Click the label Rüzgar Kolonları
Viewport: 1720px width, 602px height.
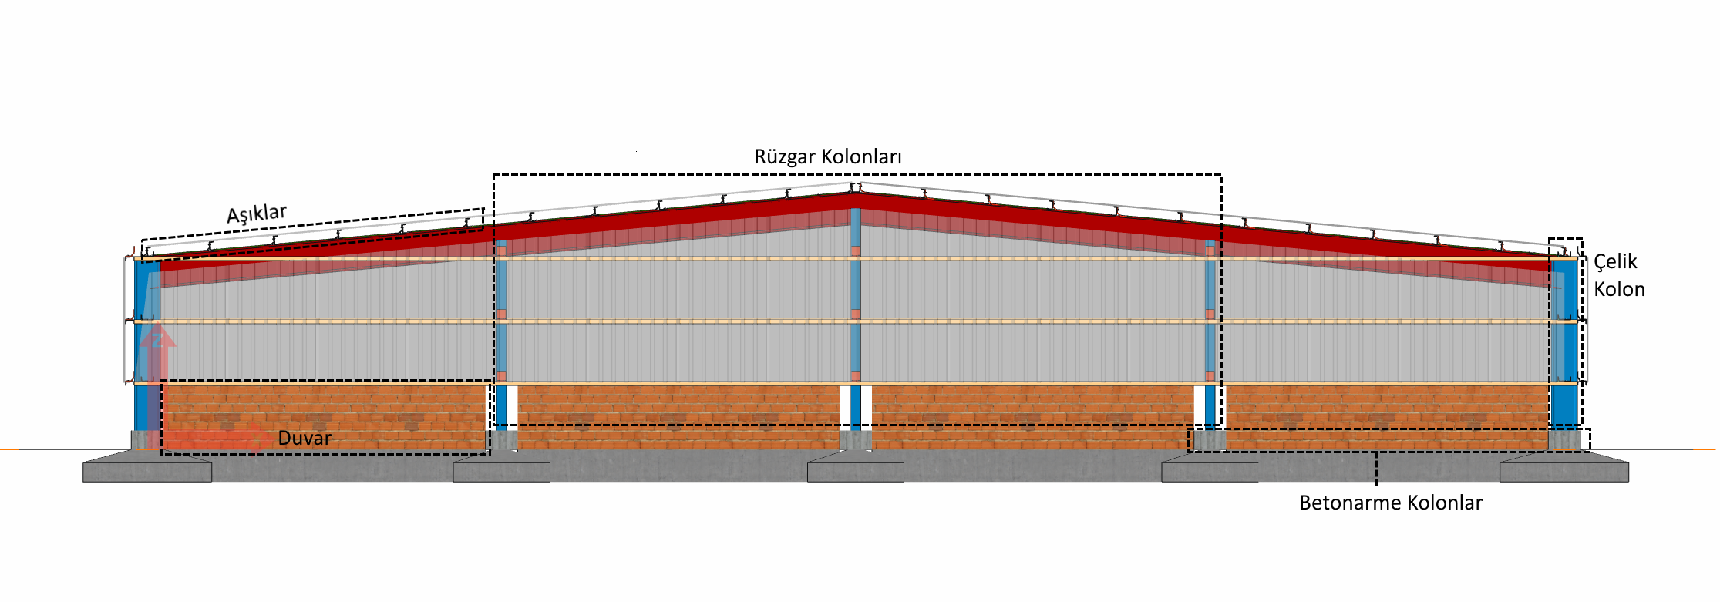click(827, 156)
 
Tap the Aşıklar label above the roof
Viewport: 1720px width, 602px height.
click(257, 214)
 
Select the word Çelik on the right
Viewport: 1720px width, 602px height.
click(1615, 262)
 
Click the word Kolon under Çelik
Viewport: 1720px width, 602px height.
click(1619, 289)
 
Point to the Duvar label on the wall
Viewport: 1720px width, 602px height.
click(305, 438)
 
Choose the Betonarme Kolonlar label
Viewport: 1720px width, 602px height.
click(1391, 503)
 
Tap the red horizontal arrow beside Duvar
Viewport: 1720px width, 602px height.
click(208, 439)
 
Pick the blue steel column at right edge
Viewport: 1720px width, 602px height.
click(1564, 343)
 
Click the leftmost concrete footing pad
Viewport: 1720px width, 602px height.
click(147, 468)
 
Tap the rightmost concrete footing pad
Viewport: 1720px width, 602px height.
click(1564, 468)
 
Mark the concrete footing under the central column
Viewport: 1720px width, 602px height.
click(856, 468)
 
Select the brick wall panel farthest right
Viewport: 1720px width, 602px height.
click(1387, 417)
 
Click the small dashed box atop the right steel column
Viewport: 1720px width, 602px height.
click(1566, 249)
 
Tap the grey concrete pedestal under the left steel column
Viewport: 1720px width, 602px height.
click(146, 440)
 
